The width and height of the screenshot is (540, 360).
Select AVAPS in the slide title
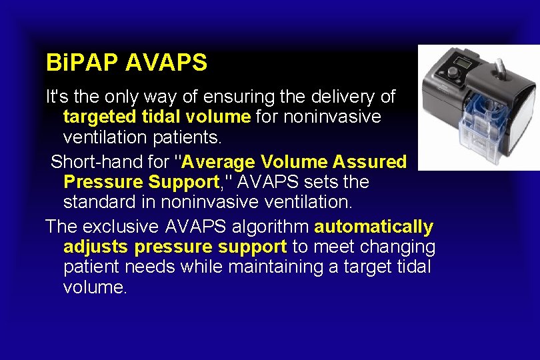pos(166,63)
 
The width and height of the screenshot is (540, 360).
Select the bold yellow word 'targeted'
pos(98,117)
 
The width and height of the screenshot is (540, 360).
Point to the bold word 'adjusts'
pos(96,247)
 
